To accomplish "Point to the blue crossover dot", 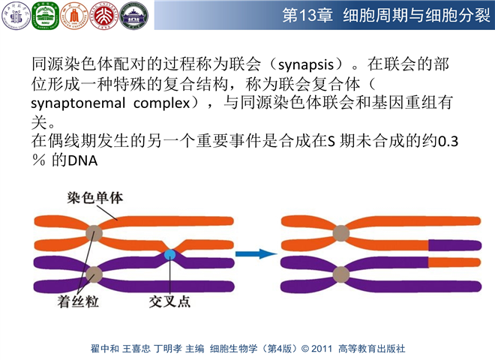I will point(170,256).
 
